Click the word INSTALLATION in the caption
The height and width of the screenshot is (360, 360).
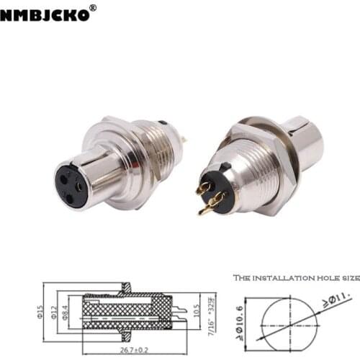pyautogui.click(x=282, y=277)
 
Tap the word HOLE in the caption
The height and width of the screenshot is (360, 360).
pyautogui.click(x=326, y=277)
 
